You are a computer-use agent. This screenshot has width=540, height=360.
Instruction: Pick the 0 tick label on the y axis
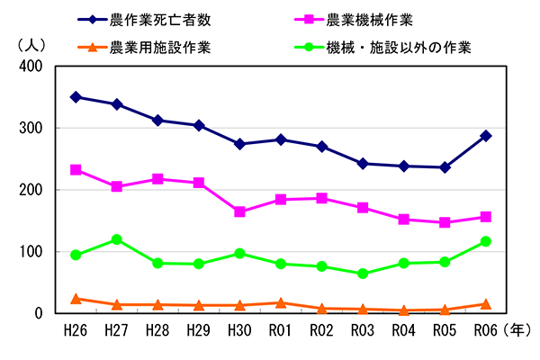(38, 314)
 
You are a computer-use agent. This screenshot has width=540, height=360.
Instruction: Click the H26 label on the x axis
(76, 331)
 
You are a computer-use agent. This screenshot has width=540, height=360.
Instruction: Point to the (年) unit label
(519, 331)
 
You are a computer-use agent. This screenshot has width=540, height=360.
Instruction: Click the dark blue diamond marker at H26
(76, 97)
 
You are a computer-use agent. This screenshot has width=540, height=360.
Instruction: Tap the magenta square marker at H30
(240, 211)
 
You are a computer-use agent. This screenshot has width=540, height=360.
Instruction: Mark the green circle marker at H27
(117, 239)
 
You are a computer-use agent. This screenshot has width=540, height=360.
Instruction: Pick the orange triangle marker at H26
(76, 299)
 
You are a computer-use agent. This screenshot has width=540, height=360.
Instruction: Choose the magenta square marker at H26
(76, 169)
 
